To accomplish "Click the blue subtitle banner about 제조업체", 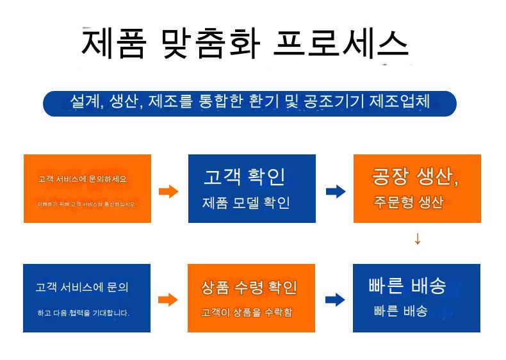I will coord(249,102).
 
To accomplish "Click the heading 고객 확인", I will coord(244,177).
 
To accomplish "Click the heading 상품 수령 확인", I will coord(249,288).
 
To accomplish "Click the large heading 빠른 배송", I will coord(407,286).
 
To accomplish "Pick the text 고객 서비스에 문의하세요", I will coord(82,179).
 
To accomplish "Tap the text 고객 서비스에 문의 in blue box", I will coord(82,287).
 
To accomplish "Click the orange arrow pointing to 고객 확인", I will coord(168,191).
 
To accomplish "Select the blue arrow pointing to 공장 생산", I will coord(335,191).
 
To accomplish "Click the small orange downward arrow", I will coord(418,240).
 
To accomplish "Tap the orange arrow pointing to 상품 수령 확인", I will coord(168,300).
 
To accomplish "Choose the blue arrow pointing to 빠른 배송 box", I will coord(335,300).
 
